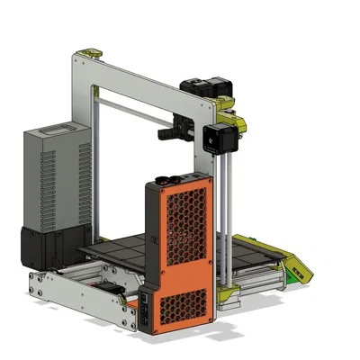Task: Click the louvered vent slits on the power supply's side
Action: [84, 184]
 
